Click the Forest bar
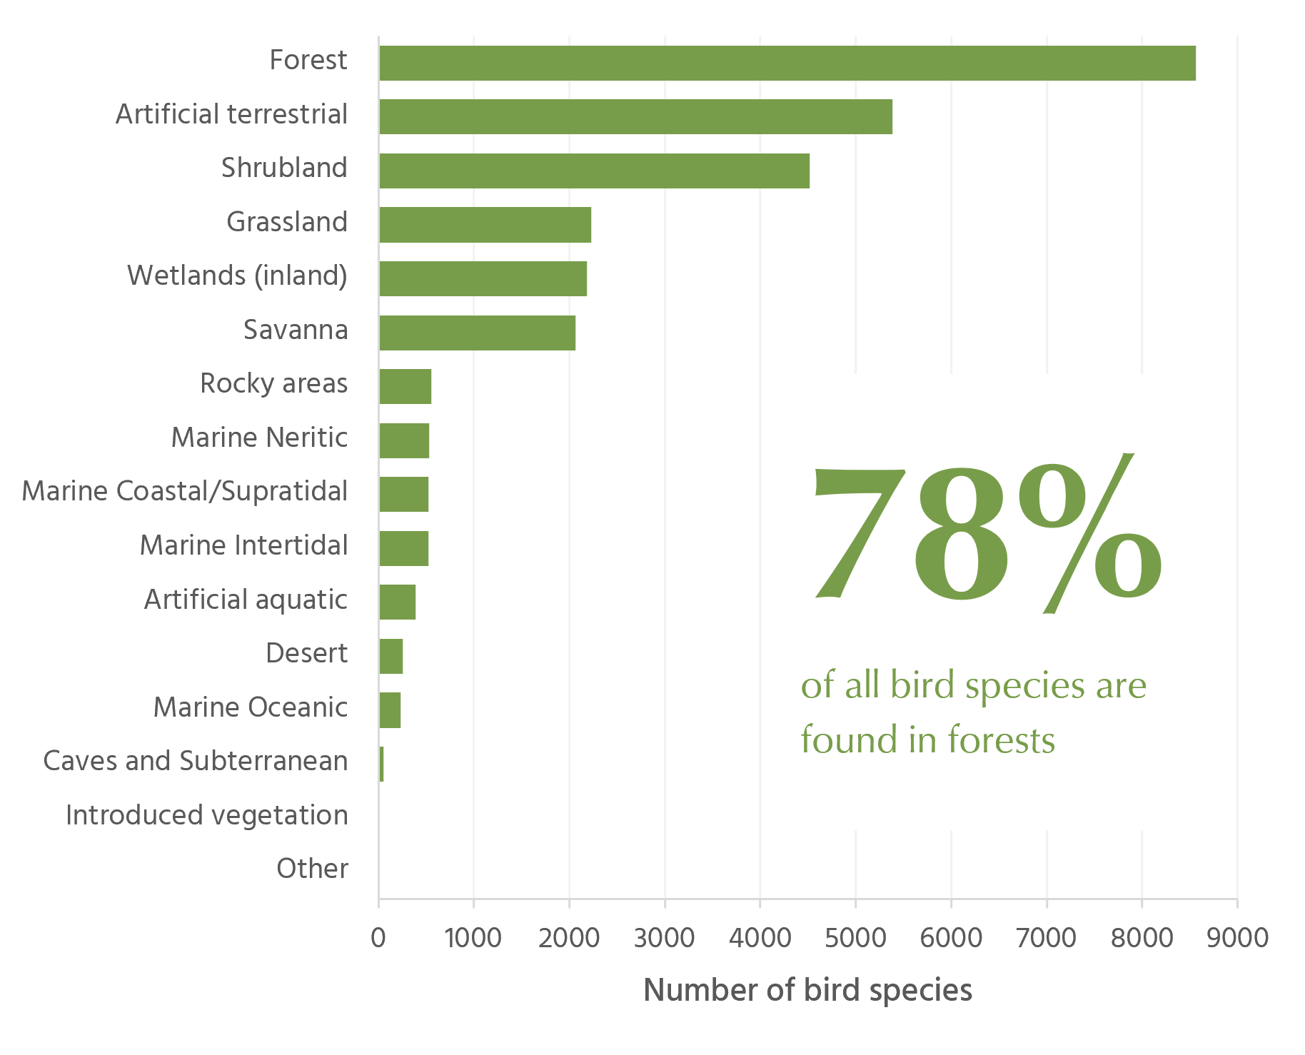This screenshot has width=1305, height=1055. point(787,63)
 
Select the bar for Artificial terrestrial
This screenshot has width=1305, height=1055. point(635,116)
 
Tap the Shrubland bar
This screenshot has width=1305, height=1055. point(594,171)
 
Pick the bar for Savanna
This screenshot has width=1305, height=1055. point(477,333)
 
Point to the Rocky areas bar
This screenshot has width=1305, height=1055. point(405,386)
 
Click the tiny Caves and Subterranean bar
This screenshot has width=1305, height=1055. point(381,764)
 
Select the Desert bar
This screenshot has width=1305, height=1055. point(391,656)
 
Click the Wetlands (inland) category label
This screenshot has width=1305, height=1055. point(237,276)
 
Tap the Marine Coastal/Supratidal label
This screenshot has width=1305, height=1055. point(185,491)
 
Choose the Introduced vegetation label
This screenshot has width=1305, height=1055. point(207,815)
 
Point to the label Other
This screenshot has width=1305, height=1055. point(312,869)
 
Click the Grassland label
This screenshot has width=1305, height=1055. point(287,222)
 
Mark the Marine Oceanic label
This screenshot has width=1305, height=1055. point(251,707)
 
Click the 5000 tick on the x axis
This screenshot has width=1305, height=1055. point(855,937)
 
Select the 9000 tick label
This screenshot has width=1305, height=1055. point(1237,937)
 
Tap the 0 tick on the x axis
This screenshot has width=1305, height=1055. point(378,937)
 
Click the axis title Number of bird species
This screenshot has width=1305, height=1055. point(807,991)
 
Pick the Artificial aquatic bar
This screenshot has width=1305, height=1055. point(397,602)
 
